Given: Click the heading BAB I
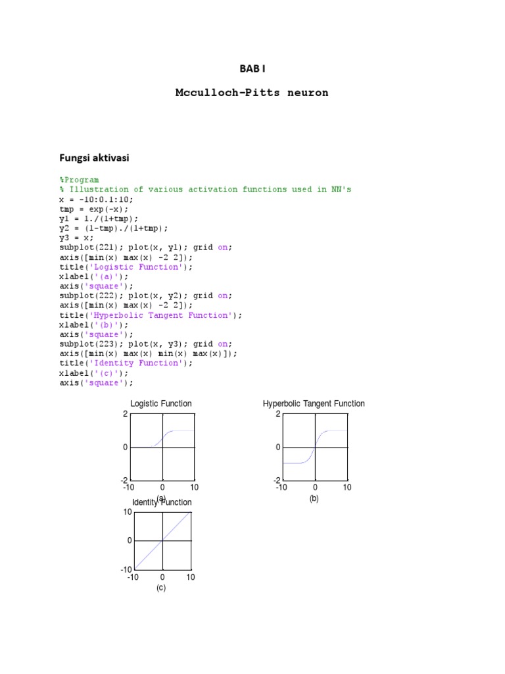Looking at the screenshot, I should point(252,68).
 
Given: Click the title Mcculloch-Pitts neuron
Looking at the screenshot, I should point(252,93).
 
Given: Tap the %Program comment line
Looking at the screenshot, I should point(79,180).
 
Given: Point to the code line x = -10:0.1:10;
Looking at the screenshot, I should point(96,199).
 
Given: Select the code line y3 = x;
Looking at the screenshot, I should point(76,238).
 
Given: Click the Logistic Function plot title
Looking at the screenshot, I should point(161,403).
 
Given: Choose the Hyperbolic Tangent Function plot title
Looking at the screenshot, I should point(314,403).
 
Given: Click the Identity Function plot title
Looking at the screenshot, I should point(162,502).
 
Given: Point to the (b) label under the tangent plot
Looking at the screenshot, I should point(314,498).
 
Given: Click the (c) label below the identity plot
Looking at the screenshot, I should point(161,588).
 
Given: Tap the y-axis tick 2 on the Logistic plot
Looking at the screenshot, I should point(125,414).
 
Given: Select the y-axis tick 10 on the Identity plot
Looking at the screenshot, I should point(128,511).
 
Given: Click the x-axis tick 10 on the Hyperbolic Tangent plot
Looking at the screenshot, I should point(347,488).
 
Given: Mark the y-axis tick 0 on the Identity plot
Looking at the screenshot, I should point(130,540).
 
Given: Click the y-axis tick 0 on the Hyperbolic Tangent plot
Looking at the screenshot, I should point(278,448).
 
